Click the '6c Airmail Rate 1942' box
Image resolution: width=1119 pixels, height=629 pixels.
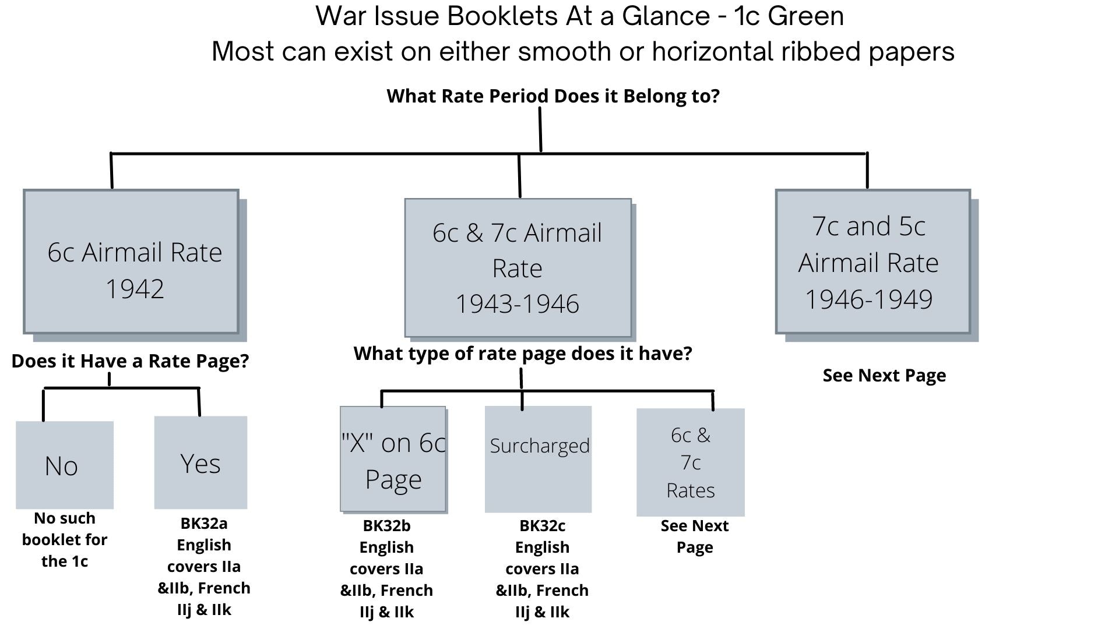[x=131, y=262]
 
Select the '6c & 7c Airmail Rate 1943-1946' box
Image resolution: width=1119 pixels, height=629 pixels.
[x=518, y=268]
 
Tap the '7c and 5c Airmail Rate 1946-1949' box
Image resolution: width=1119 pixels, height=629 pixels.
[x=873, y=262]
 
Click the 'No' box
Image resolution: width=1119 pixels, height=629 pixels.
[x=65, y=465]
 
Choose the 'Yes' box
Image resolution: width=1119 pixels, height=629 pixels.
[x=200, y=462]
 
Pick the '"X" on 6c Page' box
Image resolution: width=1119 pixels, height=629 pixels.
[x=393, y=460]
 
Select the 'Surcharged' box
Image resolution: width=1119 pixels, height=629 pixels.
[x=539, y=459]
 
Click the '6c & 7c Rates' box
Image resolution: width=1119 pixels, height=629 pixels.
[x=691, y=462]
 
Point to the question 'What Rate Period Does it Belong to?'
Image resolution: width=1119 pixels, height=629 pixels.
[x=553, y=96]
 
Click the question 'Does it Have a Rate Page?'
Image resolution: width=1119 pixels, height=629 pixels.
[x=130, y=361]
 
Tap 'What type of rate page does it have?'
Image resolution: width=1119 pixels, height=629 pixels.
[x=523, y=354]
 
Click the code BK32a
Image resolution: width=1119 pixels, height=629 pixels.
[x=204, y=524]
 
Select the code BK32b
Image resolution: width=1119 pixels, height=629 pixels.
[x=386, y=526]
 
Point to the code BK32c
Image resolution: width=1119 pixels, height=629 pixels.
[x=542, y=526]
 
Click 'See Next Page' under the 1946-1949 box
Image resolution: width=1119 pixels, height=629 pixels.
[x=884, y=376]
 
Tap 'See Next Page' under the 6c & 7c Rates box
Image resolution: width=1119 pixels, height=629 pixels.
[x=695, y=536]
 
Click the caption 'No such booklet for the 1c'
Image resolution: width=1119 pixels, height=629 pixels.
[x=65, y=540]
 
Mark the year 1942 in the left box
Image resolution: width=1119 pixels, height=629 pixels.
[x=135, y=289]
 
